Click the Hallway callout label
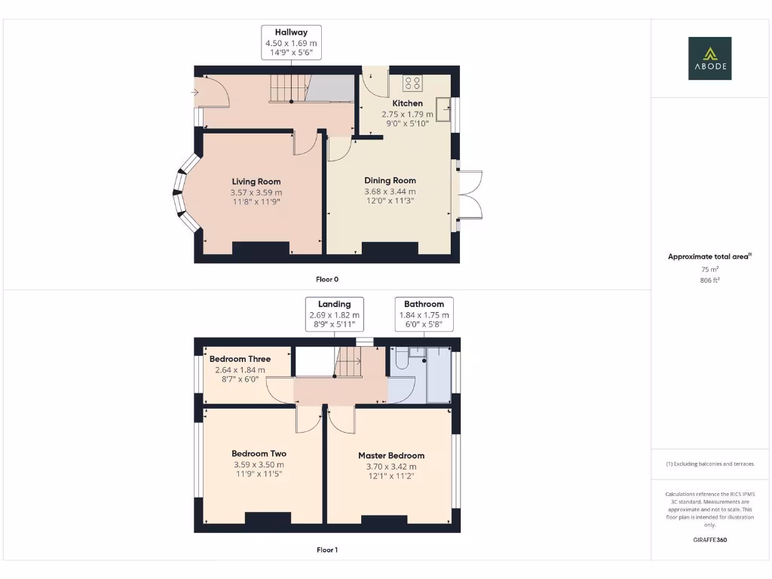[291, 32]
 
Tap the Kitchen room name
[407, 103]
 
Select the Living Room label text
[256, 182]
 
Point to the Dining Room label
[390, 181]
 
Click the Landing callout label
[334, 304]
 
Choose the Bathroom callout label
[424, 304]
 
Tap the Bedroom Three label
[240, 359]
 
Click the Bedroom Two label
[259, 454]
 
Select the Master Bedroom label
[391, 455]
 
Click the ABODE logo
[709, 59]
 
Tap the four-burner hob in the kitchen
[412, 83]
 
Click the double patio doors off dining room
[469, 195]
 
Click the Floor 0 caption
[326, 279]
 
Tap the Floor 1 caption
[326, 550]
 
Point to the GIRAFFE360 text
[709, 540]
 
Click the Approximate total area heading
[709, 257]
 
